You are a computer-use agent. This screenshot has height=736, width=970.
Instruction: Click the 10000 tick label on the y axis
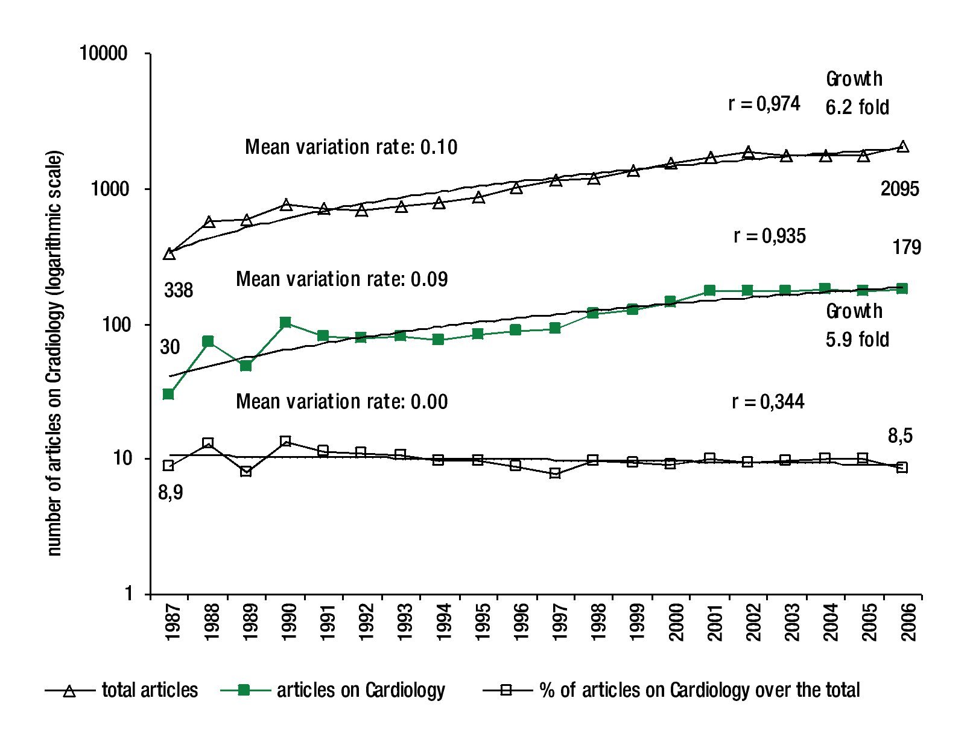coord(104,54)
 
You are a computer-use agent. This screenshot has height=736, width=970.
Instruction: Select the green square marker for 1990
coord(285,323)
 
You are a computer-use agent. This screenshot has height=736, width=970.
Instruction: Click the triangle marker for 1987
coord(169,254)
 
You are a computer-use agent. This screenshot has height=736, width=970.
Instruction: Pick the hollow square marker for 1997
coord(555,473)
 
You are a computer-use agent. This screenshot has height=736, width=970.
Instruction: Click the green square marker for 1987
coord(168,394)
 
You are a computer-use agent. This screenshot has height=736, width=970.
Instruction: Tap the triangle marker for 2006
coord(902,147)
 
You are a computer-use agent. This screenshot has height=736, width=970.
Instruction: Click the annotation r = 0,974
coord(764,104)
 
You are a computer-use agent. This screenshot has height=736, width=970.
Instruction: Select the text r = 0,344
coord(768,401)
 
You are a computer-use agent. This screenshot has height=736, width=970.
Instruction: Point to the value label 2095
coord(900,189)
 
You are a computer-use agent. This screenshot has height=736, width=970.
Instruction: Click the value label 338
coord(179,290)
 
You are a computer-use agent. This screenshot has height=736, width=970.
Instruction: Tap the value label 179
coord(907,247)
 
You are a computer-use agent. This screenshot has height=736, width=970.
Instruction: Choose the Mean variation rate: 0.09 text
coord(341,279)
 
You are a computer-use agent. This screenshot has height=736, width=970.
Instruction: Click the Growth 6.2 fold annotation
coord(857,93)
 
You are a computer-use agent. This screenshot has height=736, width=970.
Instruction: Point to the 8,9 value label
coord(170,493)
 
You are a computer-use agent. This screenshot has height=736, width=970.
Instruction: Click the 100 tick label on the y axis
coord(115,325)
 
